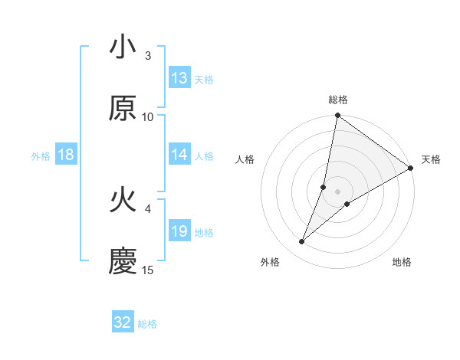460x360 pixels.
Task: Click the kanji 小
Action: tap(123, 48)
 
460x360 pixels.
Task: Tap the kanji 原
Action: tap(123, 109)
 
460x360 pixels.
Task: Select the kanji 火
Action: tap(123, 201)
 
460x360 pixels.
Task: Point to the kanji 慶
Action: tap(123, 262)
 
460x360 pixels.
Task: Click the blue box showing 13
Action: tap(179, 78)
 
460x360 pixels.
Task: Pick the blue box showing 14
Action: tap(179, 155)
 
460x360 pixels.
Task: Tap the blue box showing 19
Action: tap(179, 231)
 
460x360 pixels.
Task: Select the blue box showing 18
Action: tap(66, 155)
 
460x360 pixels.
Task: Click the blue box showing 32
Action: tap(123, 322)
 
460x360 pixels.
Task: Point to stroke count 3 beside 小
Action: tap(148, 55)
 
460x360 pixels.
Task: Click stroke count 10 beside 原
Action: tap(148, 116)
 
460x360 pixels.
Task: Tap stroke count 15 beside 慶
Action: tap(148, 270)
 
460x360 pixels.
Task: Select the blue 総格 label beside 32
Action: tap(148, 324)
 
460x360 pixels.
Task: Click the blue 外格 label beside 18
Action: tap(41, 156)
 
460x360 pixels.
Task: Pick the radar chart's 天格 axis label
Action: tap(431, 159)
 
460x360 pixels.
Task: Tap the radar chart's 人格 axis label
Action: tap(245, 159)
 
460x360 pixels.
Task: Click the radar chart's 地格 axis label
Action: tap(402, 263)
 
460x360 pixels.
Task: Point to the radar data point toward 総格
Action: tap(337, 116)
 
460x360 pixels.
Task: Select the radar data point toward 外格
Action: tap(302, 242)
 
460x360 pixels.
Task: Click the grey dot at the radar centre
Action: tap(337, 191)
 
